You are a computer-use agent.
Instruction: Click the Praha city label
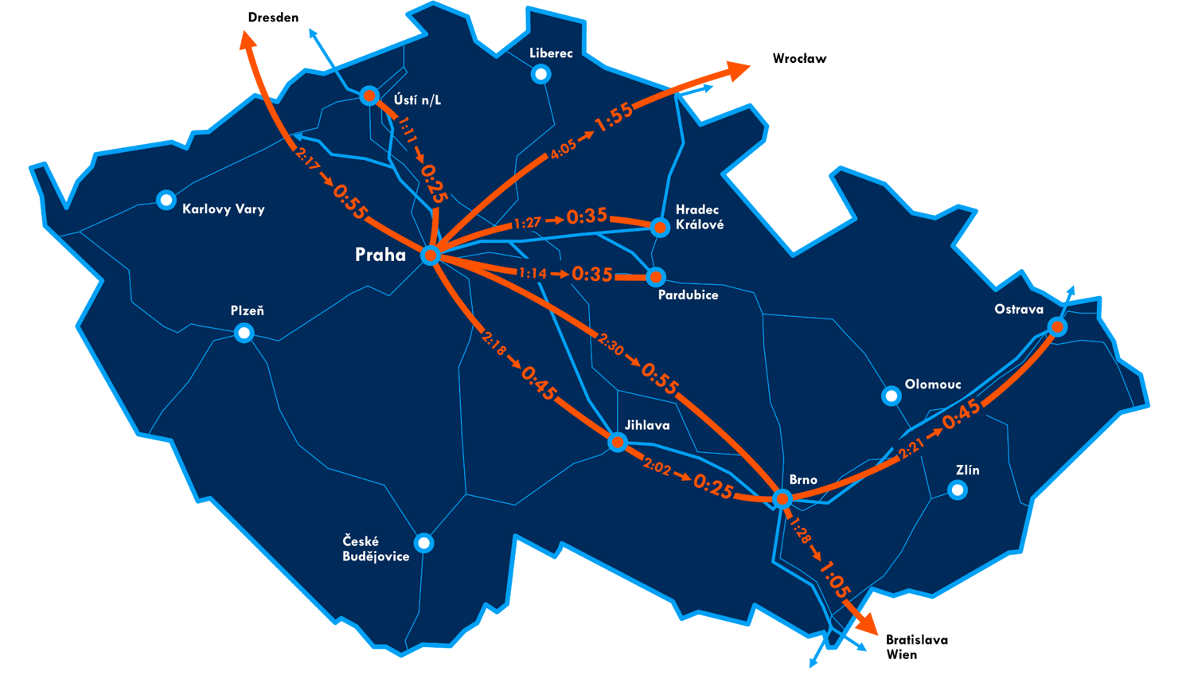380,255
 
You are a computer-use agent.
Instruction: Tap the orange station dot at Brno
782,499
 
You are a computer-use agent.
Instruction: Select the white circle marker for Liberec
541,74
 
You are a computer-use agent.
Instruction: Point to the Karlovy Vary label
223,209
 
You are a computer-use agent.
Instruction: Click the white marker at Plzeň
244,333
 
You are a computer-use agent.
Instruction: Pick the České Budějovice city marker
424,543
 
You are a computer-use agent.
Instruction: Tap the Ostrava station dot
1057,326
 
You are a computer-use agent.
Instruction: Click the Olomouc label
932,384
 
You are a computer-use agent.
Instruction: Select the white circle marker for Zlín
958,490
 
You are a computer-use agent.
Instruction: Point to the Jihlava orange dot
618,442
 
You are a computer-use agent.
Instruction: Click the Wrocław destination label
799,59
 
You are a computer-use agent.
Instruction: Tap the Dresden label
273,18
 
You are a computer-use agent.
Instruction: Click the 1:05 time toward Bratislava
835,579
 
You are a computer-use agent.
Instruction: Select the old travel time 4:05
563,149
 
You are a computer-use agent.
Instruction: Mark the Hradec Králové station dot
660,227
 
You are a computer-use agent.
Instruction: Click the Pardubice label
688,295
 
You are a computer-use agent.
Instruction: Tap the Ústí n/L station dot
369,96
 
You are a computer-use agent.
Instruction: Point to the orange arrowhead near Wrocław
738,71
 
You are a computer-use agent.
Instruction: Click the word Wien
901,655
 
